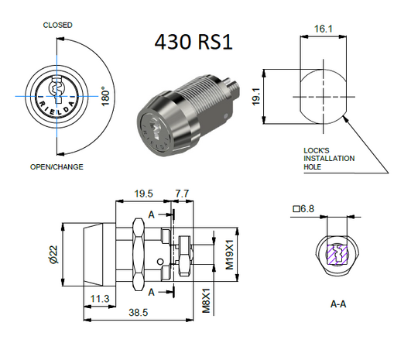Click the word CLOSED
coord(57,26)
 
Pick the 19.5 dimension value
coord(142,194)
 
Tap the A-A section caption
coord(337,304)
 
